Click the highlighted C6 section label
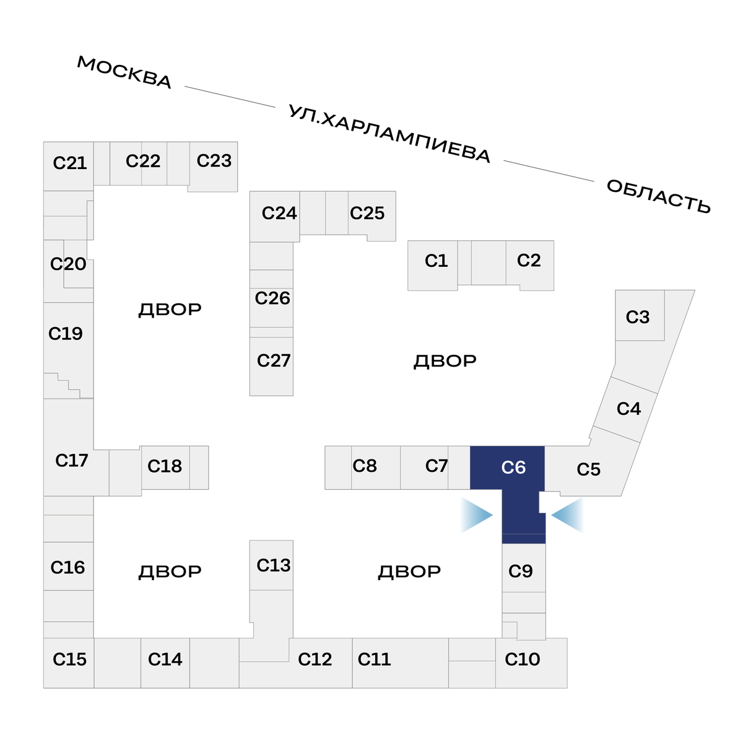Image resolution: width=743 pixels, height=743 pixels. point(513,467)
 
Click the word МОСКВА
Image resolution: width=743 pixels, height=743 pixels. point(124,72)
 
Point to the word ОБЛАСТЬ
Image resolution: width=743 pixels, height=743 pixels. point(658,196)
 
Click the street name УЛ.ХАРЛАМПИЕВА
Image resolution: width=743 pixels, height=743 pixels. point(389,134)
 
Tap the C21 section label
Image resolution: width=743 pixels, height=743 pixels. point(70,163)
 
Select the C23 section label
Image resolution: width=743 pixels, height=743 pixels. point(214,161)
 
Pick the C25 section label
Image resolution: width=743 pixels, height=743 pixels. point(367,214)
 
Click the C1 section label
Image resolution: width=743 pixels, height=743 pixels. point(436,261)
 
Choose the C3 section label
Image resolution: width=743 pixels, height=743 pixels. point(637,317)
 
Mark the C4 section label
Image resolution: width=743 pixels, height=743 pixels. point(628,409)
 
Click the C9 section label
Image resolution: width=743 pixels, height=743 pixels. point(520,571)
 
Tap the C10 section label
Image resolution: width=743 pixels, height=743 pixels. point(523,659)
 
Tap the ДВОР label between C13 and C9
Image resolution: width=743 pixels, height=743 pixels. point(409,571)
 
